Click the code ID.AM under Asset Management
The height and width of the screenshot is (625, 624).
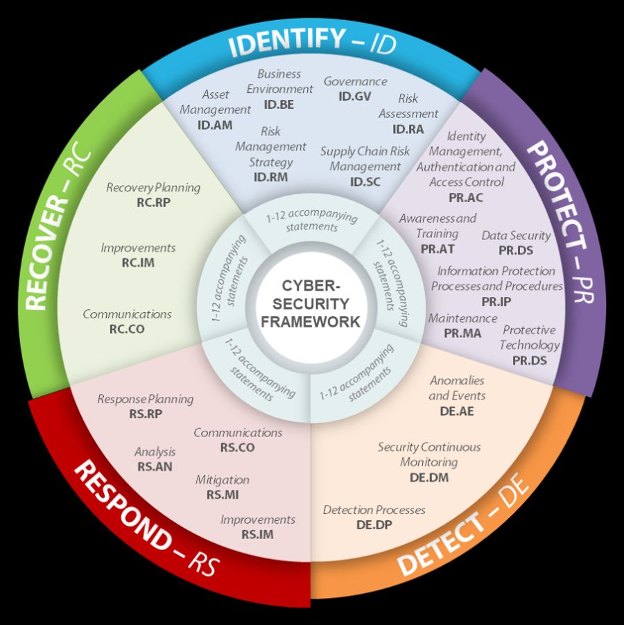215,126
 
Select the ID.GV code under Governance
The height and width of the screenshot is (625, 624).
355,96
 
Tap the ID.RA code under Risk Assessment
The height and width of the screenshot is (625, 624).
408,128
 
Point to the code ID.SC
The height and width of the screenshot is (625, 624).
365,182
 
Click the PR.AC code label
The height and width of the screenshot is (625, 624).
466,197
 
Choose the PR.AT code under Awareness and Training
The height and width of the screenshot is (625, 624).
437,248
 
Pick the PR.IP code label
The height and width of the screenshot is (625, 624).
496,301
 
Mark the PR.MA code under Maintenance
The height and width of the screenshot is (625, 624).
462,333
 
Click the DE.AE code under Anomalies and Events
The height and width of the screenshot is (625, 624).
457,411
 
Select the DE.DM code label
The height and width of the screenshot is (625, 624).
429,477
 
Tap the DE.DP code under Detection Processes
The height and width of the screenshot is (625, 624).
374,525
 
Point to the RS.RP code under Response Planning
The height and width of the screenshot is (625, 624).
146,414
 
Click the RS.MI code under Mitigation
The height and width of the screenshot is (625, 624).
223,495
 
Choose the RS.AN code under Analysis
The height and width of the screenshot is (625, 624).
155,467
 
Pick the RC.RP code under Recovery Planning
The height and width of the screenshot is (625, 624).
153,203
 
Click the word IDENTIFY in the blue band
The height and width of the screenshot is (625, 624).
286,42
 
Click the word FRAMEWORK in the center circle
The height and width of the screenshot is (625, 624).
311,322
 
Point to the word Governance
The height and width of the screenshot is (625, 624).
355,81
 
